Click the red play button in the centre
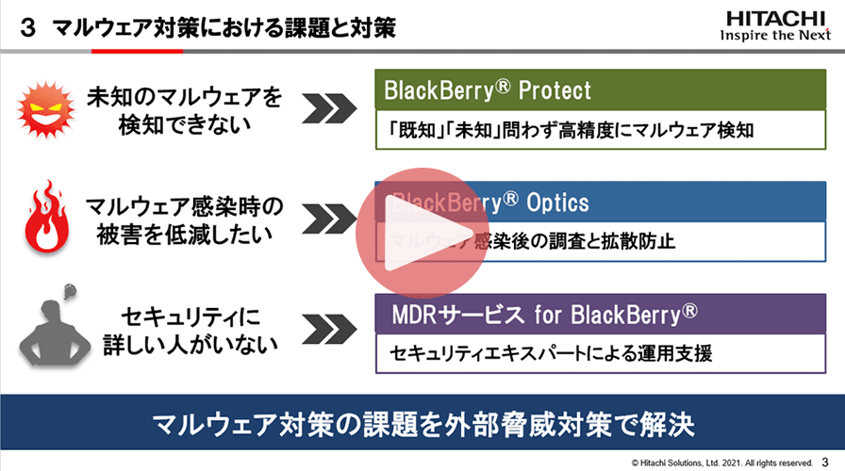tap(422, 235)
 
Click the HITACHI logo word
tap(772, 19)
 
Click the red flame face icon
tap(42, 219)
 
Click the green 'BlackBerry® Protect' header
tap(488, 90)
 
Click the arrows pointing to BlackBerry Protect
tap(336, 110)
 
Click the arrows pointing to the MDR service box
tap(336, 330)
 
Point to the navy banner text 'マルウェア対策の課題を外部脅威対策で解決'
tap(422, 423)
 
